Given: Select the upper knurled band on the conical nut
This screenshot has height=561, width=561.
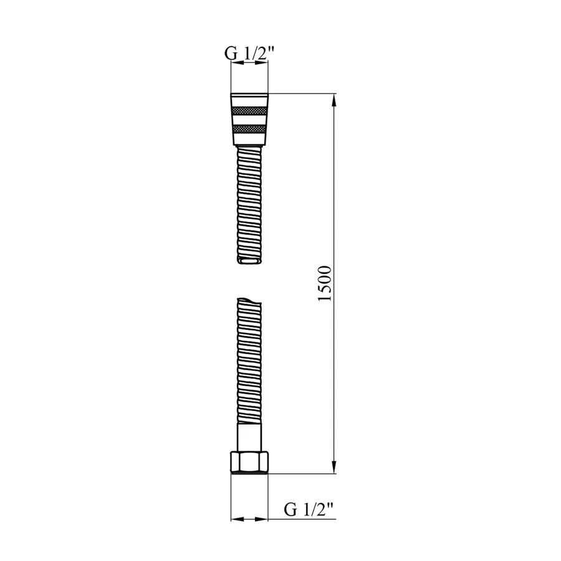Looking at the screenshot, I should [249, 111].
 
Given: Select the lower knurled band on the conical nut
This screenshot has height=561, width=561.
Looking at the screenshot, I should [249, 129].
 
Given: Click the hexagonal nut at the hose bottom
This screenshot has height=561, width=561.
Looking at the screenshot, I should [249, 462].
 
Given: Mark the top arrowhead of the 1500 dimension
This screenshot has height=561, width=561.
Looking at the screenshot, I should [335, 100].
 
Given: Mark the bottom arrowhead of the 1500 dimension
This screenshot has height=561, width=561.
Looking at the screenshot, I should [335, 467].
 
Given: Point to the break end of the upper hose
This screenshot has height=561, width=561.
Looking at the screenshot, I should [249, 260].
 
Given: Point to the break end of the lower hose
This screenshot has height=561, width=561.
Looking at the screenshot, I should [249, 302].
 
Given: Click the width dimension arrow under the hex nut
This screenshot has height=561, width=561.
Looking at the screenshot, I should [249, 519].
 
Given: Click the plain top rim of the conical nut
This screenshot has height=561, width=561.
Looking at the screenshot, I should [249, 98].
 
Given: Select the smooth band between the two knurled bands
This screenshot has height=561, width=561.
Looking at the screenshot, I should [249, 120].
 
